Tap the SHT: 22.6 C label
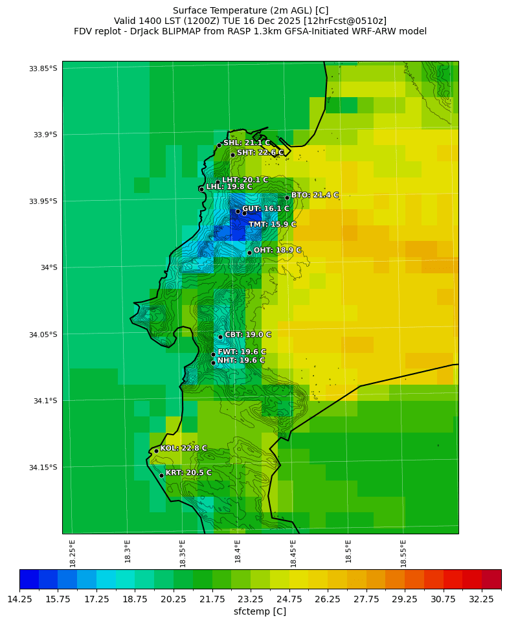tap(260, 153)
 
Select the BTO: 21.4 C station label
tap(315, 195)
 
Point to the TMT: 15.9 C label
tap(273, 225)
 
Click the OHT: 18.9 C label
tap(277, 250)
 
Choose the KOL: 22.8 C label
tap(184, 448)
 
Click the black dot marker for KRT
tap(161, 475)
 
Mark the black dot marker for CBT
tap(220, 337)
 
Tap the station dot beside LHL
tap(201, 189)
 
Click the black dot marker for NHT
tap(213, 363)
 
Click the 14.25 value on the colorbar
tap(19, 600)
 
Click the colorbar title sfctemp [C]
tap(260, 611)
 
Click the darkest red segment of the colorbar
tap(491, 579)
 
